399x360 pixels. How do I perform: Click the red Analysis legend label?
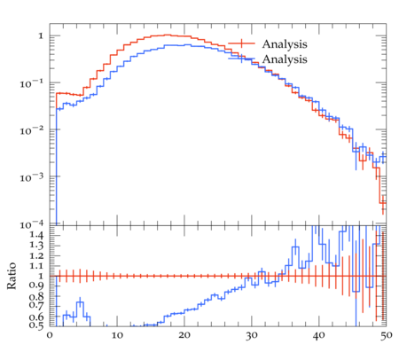coord(285,44)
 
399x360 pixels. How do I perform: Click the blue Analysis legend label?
coord(285,59)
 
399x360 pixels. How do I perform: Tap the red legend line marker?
coord(241,43)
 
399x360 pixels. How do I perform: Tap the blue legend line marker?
coord(241,59)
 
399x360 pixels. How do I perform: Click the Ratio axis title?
coord(12,276)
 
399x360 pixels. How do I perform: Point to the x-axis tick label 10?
coord(117,335)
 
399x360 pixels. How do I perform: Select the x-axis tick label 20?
coord(184,335)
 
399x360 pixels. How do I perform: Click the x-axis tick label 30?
coord(252,335)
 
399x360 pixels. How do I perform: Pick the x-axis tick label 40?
coord(319,335)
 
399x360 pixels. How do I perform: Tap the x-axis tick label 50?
coord(387,335)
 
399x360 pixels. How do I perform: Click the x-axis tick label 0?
coord(50,335)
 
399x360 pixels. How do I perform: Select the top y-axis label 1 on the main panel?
coord(41,36)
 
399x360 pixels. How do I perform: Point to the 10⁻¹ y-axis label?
coord(31,83)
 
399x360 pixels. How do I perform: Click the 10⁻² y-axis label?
coord(31,130)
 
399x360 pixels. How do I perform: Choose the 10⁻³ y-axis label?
coord(31,177)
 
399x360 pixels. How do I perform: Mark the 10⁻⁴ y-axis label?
coord(31,224)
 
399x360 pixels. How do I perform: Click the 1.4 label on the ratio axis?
coord(36,235)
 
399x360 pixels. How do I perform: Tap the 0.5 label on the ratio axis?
coord(36,325)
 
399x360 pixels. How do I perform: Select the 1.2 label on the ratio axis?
coord(36,255)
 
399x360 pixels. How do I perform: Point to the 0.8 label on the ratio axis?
coord(36,296)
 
